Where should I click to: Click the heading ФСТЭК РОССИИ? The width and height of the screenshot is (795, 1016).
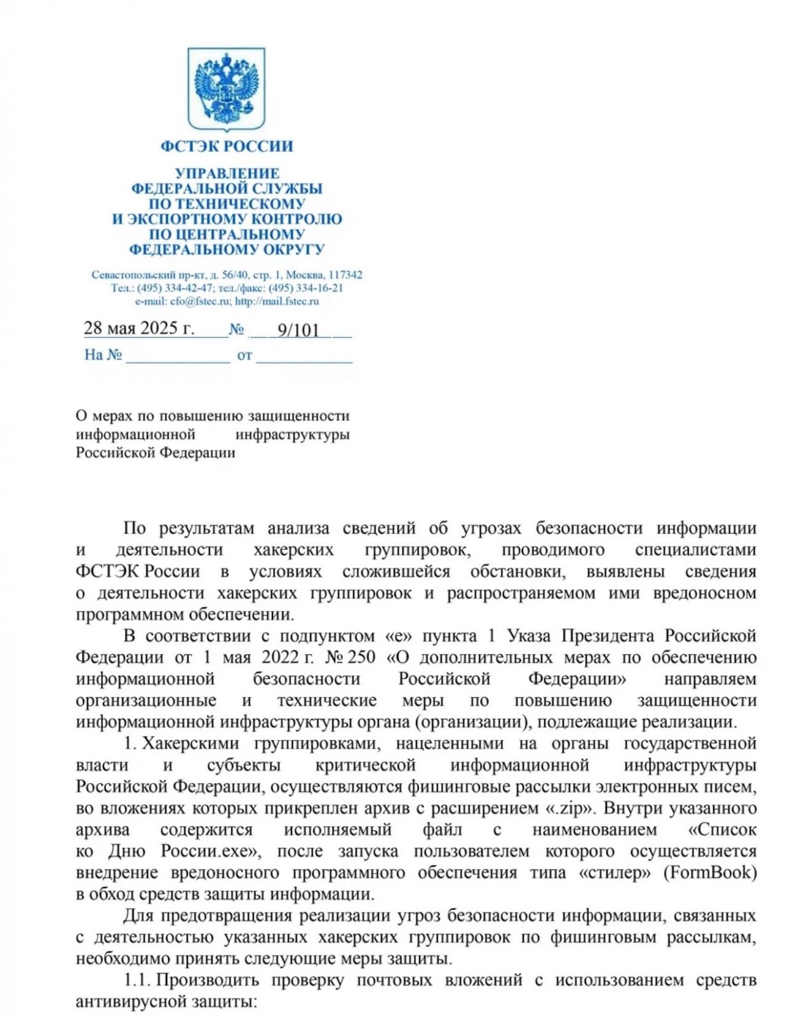(x=227, y=146)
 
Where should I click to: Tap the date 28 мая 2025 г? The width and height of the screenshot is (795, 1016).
(x=138, y=328)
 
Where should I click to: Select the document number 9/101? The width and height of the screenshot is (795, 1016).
(x=298, y=330)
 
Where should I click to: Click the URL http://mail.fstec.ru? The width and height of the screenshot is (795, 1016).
(x=277, y=301)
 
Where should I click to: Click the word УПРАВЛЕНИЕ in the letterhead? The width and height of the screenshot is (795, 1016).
(x=227, y=173)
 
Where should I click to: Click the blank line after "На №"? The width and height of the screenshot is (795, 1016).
(x=178, y=356)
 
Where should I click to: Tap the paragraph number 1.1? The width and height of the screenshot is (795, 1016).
(x=137, y=980)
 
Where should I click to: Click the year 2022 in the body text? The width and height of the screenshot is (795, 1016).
(x=280, y=657)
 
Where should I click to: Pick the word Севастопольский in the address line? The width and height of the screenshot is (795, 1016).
(x=133, y=275)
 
